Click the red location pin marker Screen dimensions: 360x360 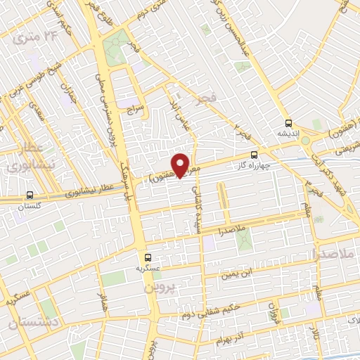[181, 165]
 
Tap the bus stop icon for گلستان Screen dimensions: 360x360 [30, 195]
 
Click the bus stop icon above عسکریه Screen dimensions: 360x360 [148, 257]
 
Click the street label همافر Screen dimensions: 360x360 [103, 304]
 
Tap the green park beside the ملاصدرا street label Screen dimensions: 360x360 [243, 241]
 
